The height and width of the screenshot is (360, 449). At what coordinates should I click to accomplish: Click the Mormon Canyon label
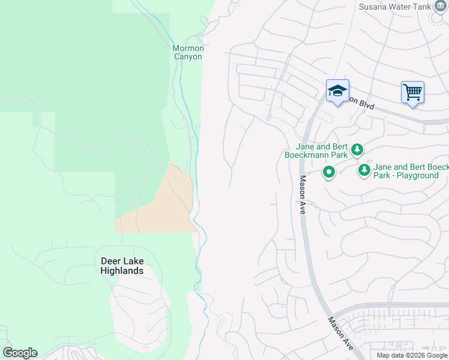(x=188, y=52)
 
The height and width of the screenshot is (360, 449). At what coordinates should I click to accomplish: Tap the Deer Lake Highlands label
(x=122, y=266)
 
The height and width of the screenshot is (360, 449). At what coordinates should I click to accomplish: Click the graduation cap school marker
(x=337, y=91)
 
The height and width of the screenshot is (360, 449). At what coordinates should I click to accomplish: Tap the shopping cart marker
(x=412, y=92)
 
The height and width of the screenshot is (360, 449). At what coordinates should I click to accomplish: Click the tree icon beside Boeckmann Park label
(x=357, y=149)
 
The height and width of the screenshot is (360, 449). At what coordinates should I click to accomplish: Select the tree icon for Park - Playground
(x=364, y=170)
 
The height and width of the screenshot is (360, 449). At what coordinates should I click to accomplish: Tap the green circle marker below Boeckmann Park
(x=328, y=173)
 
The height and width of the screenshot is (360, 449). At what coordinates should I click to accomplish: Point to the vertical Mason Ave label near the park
(x=303, y=195)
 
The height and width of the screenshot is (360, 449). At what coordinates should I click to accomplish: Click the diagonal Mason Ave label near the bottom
(x=339, y=332)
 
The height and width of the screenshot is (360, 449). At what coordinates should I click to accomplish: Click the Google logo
(x=20, y=353)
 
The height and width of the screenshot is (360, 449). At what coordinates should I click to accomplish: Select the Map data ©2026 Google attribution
(x=412, y=355)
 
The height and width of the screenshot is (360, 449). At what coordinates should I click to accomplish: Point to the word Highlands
(x=122, y=271)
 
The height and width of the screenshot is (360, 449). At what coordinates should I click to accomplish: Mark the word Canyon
(x=188, y=56)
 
